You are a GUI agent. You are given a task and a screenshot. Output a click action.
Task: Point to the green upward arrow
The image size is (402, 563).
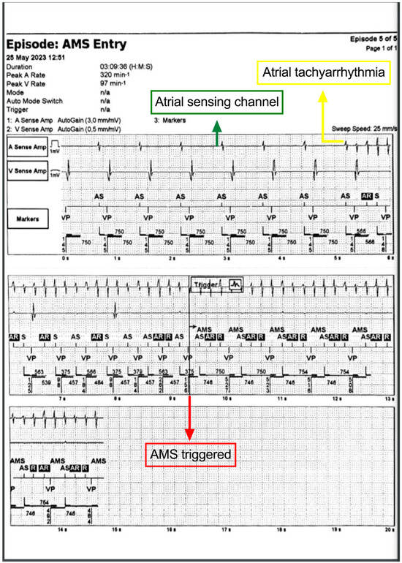coord(216,131)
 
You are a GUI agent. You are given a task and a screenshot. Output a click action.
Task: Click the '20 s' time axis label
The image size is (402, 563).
coord(389,548)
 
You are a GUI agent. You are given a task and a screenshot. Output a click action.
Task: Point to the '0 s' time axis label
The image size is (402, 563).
coord(66,259)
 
